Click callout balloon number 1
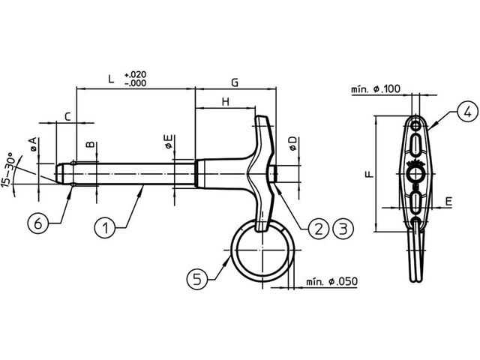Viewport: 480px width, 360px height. [105, 227]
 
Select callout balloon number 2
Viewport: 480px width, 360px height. [319, 228]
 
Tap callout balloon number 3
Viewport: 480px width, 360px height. [343, 228]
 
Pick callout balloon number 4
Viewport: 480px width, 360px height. [467, 112]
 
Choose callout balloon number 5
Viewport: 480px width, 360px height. [197, 279]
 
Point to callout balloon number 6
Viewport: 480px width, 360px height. [38, 223]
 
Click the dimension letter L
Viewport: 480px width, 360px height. [111, 79]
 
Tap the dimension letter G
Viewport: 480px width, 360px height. [235, 82]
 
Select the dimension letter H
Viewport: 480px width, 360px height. [225, 102]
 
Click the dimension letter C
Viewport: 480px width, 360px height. [67, 117]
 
